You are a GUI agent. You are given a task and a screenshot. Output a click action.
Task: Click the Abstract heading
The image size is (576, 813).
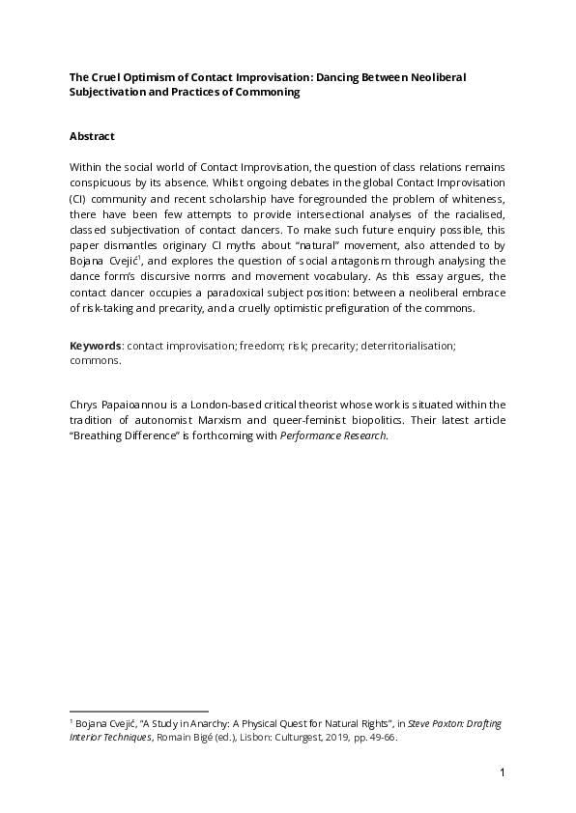pos(95,135)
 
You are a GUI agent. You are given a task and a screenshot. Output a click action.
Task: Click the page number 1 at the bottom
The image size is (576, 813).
pos(503,772)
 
